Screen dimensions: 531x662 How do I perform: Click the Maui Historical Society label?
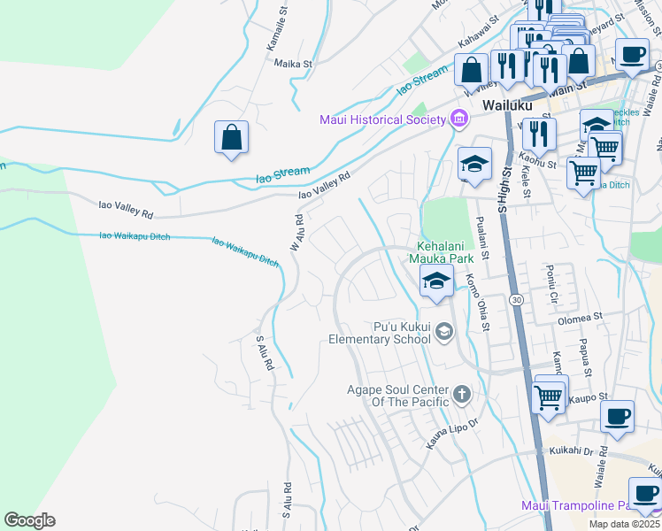(383, 119)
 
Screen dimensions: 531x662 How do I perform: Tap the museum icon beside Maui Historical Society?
(458, 119)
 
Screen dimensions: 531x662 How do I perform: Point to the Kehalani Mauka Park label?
(450, 253)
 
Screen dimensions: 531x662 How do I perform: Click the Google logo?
(29, 520)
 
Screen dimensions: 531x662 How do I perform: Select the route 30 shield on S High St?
(516, 301)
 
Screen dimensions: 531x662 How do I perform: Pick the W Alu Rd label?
(297, 232)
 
